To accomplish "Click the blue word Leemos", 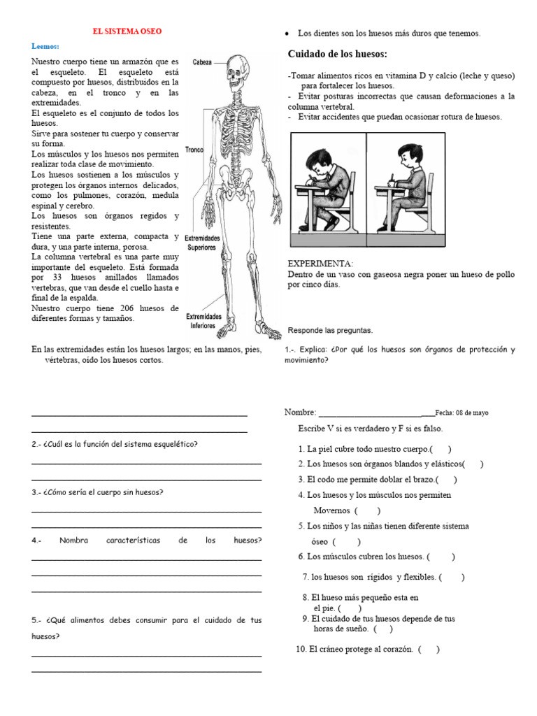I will point(46,46).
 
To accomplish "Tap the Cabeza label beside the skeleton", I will point(202,62).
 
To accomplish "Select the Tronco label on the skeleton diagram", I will point(194,150).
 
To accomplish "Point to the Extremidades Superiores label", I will point(202,243).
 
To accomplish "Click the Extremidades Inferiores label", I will point(203,321).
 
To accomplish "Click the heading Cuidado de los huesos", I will point(338,55).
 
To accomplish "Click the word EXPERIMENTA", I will point(321,264).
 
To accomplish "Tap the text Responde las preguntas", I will point(331,330).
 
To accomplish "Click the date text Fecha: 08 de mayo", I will point(461,413).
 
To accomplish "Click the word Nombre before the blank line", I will point(300,413).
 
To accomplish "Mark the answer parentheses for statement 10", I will point(428,649).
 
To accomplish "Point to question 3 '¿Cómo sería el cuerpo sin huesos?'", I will point(97,492).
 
